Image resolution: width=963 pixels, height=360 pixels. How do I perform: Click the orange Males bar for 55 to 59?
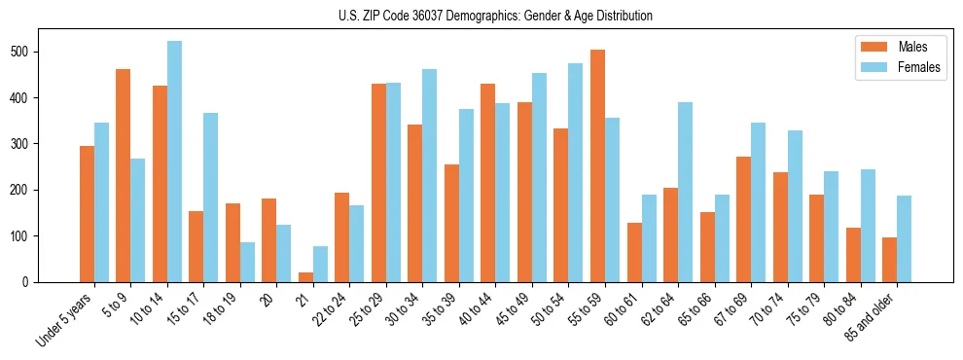click(x=597, y=165)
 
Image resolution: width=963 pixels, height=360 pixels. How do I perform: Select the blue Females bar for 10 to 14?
click(x=174, y=162)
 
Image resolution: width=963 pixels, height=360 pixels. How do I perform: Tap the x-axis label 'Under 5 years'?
click(x=65, y=319)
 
